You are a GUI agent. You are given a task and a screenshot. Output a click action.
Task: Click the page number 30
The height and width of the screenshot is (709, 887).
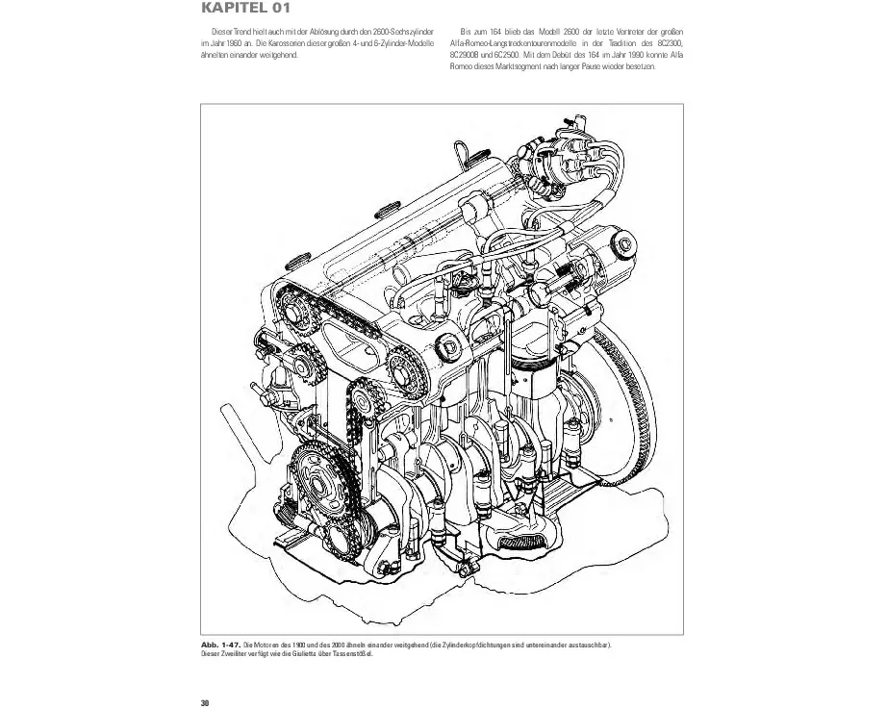click(x=205, y=701)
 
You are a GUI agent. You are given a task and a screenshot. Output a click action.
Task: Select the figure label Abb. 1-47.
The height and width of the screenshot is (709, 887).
click(x=220, y=644)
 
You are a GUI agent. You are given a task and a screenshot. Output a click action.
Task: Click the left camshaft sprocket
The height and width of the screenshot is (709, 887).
click(x=294, y=309)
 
